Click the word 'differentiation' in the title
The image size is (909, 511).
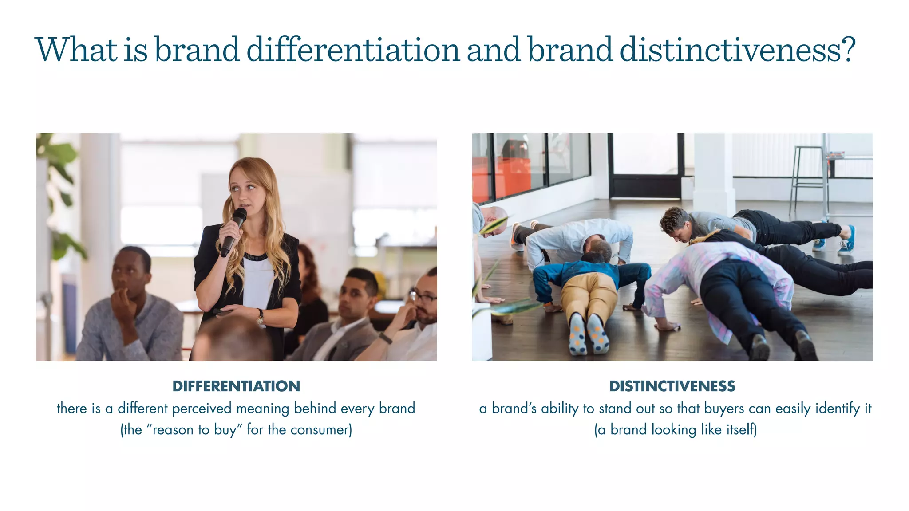point(353,50)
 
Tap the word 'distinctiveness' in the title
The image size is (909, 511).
point(737,50)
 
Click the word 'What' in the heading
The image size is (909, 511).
point(76,50)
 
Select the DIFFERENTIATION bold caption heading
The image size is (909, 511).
point(236,386)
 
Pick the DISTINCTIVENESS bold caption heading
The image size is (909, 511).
point(672,386)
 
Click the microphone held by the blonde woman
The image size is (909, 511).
point(234,231)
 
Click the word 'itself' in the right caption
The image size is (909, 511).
point(740,430)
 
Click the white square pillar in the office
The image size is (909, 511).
point(712,173)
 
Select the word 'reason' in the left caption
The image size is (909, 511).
point(173,430)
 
